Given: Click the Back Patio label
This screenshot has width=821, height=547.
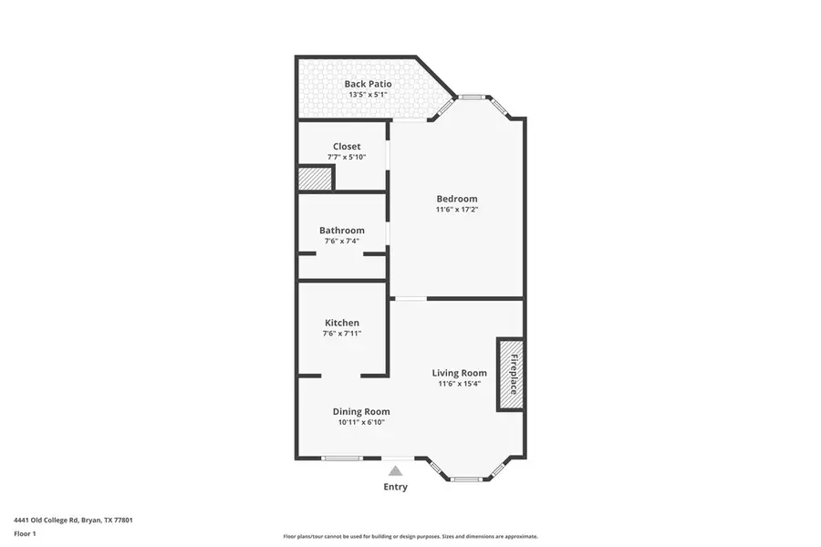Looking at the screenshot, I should pos(368,84).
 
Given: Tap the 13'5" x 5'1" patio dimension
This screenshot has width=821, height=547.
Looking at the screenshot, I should pos(368,94).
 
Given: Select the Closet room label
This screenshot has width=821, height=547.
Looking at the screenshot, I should pos(347,146).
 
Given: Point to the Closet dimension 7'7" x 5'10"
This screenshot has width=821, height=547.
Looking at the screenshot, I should pos(347,157).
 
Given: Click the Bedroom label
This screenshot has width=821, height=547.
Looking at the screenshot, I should pos(456,199).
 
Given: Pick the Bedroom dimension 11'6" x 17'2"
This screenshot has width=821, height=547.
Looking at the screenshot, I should pos(456,210).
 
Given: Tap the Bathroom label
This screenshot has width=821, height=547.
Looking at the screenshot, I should pos(342,231).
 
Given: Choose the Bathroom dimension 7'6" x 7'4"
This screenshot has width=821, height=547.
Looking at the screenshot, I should pos(342,241).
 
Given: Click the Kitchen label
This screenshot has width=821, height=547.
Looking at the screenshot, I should pos(342,323).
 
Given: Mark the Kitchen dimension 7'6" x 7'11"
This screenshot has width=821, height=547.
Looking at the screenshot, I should pos(342,334).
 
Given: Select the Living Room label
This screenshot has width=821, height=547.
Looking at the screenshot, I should pos(461,373).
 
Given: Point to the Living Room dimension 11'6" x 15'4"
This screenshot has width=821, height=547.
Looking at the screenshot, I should pos(461,384).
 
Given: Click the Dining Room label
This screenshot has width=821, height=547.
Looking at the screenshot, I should pos(361,411).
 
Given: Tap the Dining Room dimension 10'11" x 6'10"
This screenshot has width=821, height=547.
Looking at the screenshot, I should pos(361,422).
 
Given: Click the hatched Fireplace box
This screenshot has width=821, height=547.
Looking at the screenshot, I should pos(509,374).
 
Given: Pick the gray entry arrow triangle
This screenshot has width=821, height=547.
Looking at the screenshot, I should pos(395,470).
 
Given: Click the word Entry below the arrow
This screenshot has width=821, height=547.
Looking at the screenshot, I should pos(395,487).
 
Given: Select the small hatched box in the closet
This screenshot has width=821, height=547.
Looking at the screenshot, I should pos(315,179).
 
